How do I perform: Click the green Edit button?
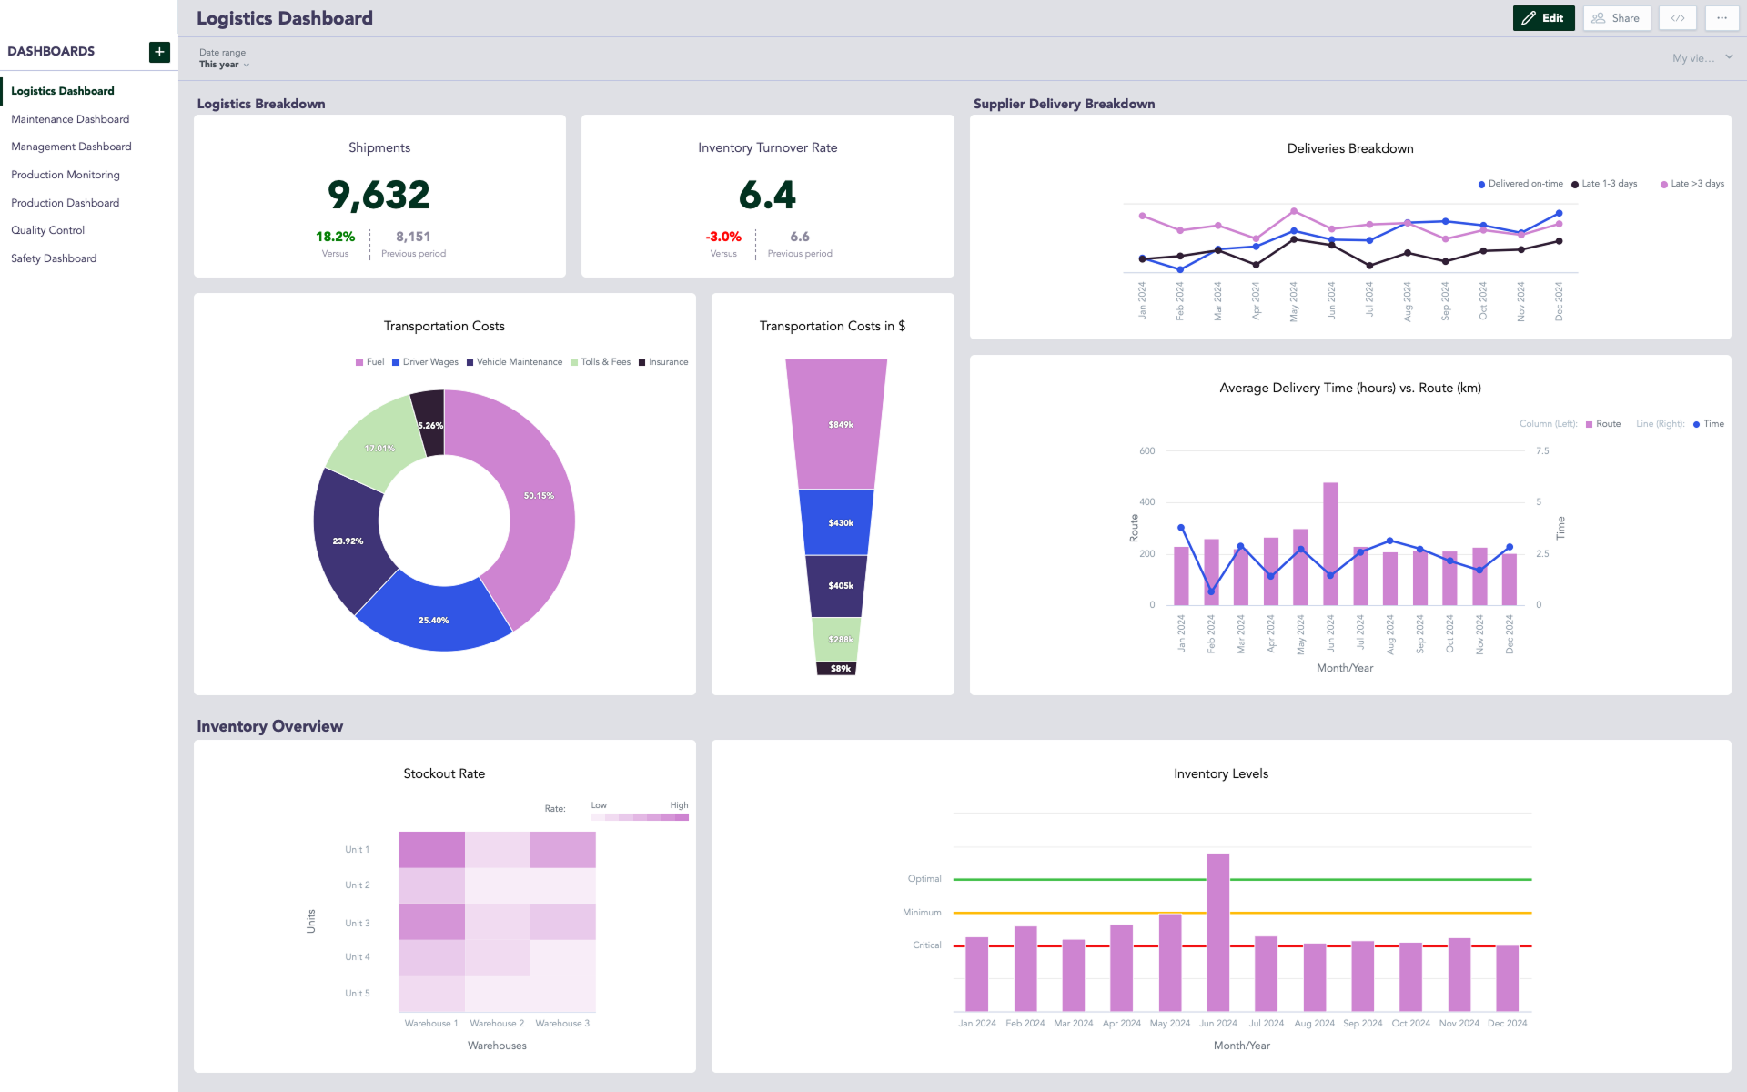[1543, 18]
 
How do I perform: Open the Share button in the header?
[1616, 18]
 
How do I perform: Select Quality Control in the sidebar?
[47, 230]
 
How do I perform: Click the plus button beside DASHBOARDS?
[159, 52]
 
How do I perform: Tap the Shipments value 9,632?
[379, 195]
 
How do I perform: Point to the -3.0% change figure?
[723, 237]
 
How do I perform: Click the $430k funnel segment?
[836, 522]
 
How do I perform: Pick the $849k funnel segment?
[836, 424]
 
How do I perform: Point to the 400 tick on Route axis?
[1147, 502]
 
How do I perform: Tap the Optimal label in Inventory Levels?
[924, 879]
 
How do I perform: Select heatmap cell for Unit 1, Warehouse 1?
[431, 849]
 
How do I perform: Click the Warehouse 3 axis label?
[562, 1024]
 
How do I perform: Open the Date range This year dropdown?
[224, 65]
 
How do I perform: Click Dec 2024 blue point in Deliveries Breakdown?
[1559, 214]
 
